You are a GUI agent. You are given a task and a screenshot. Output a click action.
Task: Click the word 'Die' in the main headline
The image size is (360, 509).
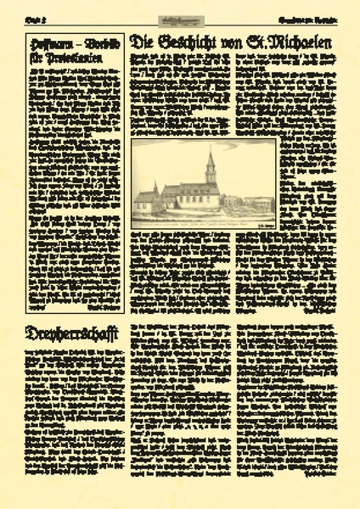click(x=144, y=42)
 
